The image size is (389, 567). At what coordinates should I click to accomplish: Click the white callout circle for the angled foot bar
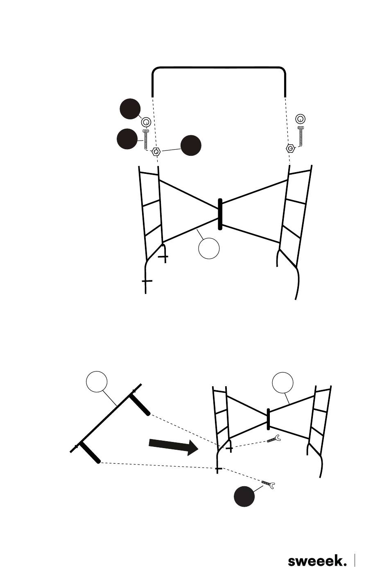pos(97,382)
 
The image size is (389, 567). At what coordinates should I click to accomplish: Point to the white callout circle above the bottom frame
pos(283,383)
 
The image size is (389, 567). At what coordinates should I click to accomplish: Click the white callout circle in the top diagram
pos(209,248)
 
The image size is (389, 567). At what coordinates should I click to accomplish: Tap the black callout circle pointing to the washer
pos(130,109)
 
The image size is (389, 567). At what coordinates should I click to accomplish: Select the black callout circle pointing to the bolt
pos(127,139)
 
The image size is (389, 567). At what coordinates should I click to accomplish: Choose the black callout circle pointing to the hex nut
pos(191,146)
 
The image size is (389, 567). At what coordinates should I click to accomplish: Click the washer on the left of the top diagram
pos(146,122)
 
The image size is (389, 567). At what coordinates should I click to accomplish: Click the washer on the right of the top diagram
pos(300,119)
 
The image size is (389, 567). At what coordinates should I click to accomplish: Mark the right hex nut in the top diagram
pos(291,148)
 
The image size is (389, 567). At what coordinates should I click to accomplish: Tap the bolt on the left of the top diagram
pos(146,139)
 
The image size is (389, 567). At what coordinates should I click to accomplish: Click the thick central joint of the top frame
pos(220,214)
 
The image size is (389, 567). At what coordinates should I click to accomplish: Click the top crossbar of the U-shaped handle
pos(219,68)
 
